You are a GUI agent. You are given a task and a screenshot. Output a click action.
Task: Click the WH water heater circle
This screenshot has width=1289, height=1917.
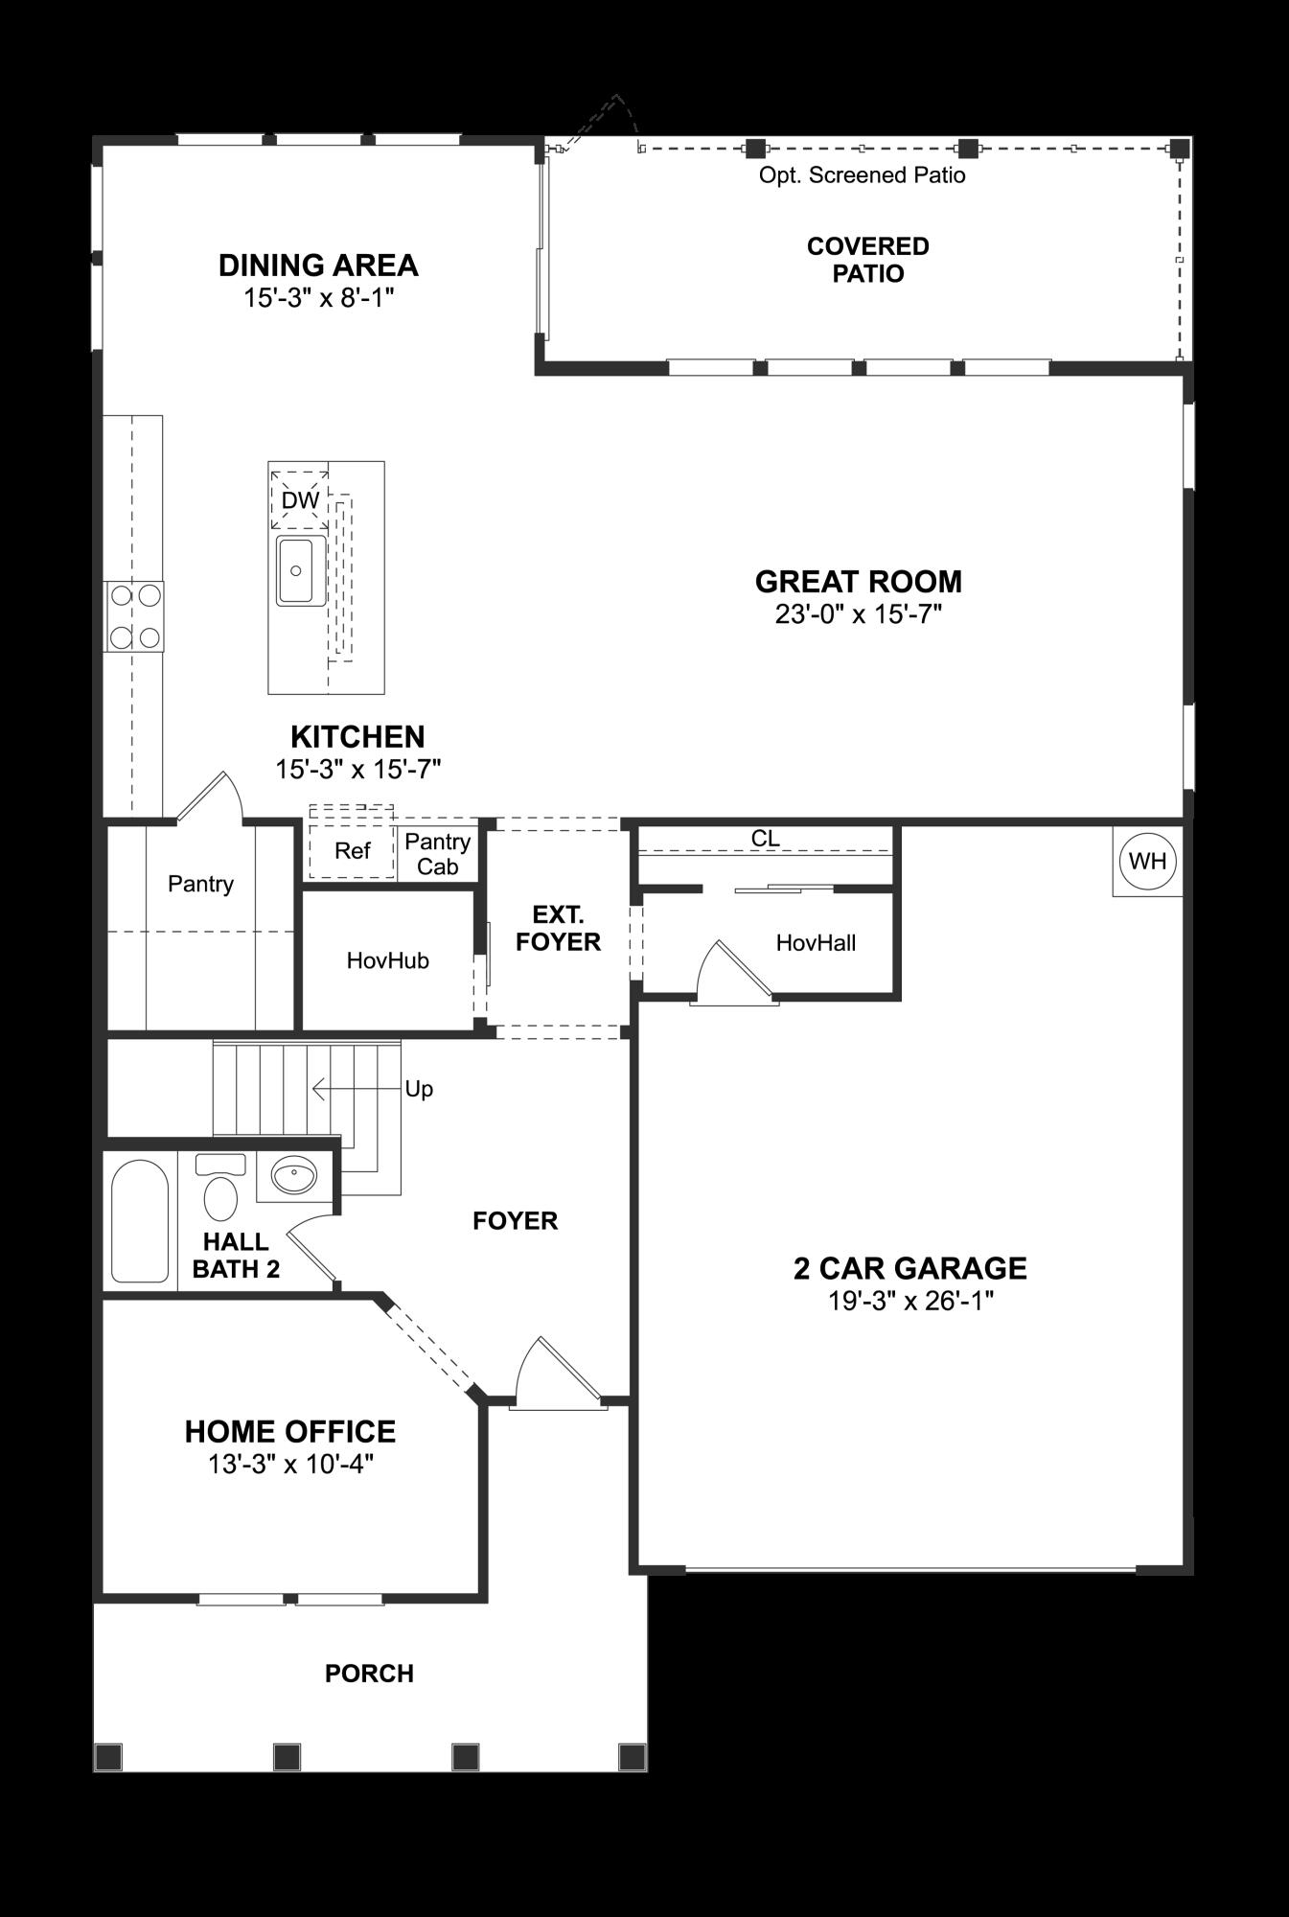(x=1147, y=861)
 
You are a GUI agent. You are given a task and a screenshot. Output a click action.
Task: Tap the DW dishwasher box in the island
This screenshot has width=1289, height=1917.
(x=300, y=499)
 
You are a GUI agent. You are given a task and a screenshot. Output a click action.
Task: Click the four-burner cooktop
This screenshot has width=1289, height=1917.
(x=135, y=616)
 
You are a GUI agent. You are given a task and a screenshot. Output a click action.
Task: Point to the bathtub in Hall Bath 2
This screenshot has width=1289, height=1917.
(x=140, y=1221)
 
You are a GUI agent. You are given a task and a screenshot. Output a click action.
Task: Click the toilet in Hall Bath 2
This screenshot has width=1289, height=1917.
(x=221, y=1192)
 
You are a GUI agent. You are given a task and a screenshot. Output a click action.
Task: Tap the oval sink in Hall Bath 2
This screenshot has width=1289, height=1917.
(x=293, y=1175)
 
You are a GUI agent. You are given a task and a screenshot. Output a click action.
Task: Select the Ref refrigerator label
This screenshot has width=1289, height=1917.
(x=352, y=851)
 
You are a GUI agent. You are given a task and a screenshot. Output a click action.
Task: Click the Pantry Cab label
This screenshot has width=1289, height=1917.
(x=437, y=854)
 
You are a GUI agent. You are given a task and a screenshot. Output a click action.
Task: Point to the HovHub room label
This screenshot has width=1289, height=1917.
(x=387, y=960)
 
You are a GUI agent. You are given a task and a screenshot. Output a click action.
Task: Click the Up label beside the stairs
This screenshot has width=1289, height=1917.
(x=419, y=1089)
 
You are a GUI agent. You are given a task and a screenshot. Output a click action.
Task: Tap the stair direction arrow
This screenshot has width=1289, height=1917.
(x=355, y=1090)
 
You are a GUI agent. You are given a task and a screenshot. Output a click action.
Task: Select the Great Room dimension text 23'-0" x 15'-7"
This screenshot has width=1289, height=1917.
(x=859, y=614)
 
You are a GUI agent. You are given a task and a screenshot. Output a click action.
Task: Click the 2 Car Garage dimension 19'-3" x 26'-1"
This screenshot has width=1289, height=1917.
(x=909, y=1301)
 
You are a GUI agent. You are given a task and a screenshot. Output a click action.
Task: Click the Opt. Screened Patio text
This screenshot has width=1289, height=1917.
(x=862, y=175)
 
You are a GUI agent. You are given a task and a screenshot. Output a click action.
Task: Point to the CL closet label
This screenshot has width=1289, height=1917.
(x=765, y=839)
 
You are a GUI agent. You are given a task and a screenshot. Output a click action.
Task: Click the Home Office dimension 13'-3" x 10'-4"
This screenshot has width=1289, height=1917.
(x=289, y=1464)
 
